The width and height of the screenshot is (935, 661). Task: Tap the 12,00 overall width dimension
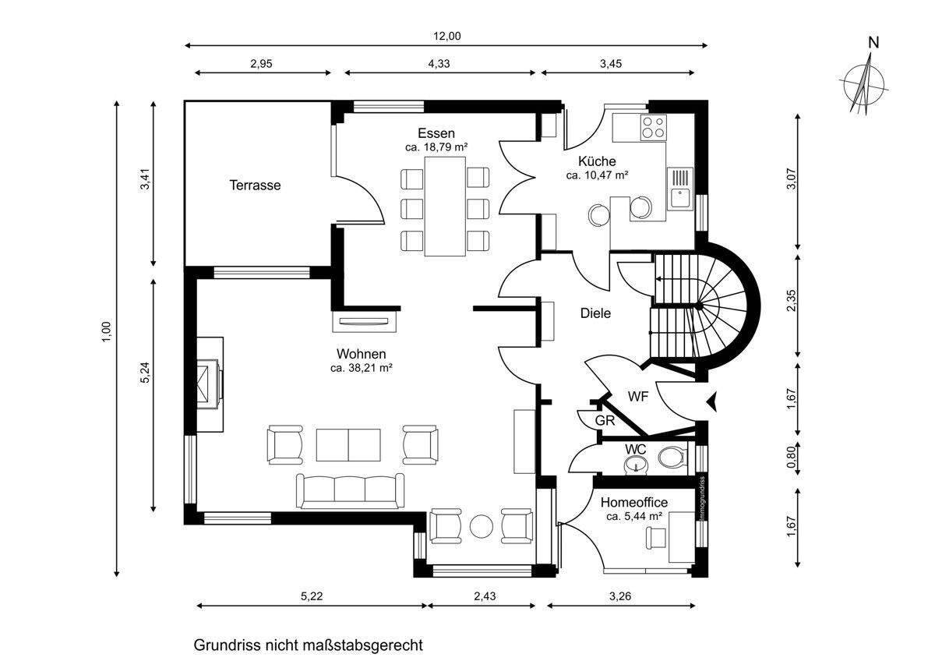coord(448,35)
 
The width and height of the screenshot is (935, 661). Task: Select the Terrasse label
coord(255,186)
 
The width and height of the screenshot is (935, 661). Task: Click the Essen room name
coord(436,133)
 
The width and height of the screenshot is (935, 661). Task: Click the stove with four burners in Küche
coord(653,128)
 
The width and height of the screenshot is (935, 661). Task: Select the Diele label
coord(595,313)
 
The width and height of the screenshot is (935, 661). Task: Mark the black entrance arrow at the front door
coord(711,401)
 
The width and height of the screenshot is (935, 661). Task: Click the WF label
coord(637,396)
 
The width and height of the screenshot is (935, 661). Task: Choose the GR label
coord(605,421)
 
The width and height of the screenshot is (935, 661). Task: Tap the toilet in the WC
coord(670,458)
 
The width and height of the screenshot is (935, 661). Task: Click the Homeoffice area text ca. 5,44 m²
coord(633,516)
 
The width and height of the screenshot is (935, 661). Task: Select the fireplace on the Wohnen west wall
coord(210,383)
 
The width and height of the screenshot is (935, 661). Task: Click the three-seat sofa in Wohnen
coord(350,490)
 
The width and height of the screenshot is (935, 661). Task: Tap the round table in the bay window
coord(481,526)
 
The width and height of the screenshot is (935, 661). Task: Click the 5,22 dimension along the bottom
coord(311,596)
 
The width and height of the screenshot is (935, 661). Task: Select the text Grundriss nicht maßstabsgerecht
coord(308,645)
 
